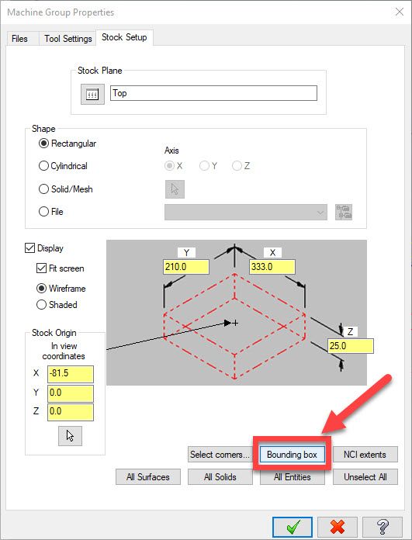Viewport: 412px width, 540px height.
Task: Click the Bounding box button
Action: point(292,455)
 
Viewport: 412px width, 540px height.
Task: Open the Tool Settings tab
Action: point(68,39)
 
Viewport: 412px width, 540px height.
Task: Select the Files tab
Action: point(19,39)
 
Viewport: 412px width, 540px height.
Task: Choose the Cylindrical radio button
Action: point(43,166)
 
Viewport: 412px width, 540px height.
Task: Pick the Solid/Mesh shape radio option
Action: point(43,189)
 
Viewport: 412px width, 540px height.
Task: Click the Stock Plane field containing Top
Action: point(213,93)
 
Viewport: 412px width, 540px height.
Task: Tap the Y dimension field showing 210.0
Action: point(186,267)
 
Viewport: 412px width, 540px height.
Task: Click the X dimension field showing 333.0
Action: point(272,267)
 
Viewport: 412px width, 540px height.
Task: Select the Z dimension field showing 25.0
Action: point(351,346)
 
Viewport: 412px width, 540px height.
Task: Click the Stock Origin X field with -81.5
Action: point(71,374)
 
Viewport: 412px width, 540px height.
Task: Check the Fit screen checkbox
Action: point(41,268)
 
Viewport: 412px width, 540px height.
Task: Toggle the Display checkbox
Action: point(29,248)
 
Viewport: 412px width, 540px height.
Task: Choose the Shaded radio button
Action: point(41,305)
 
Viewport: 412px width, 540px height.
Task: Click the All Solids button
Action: point(220,477)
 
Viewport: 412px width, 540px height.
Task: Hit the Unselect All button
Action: point(365,477)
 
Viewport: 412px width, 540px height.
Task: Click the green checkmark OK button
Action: point(293,527)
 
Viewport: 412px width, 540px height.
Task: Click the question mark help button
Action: point(383,527)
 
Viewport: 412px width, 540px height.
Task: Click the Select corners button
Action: point(220,455)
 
